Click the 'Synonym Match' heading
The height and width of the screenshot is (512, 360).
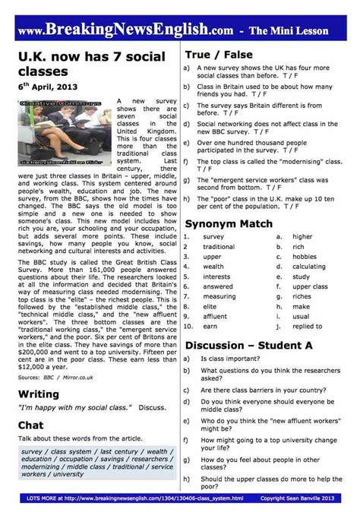pos(228,225)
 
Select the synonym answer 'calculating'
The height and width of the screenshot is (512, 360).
pos(308,267)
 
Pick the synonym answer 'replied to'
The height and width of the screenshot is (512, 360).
pos(307,326)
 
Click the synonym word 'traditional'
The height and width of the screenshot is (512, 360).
pos(219,247)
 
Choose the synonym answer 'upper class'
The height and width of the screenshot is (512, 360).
pos(310,286)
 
